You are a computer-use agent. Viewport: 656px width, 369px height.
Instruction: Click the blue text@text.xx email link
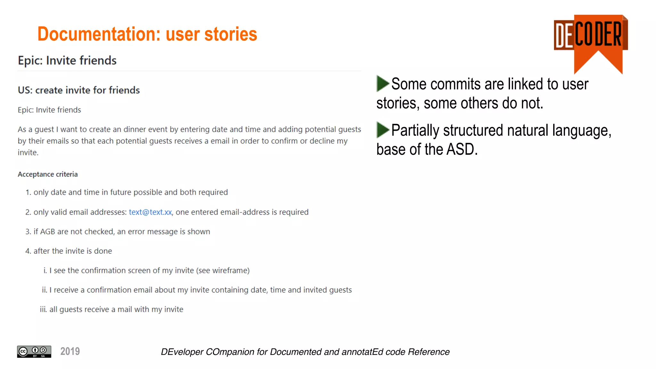coord(150,212)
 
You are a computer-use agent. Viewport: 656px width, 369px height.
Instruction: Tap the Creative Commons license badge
coord(34,351)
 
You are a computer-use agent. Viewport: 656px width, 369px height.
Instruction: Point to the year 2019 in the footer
coord(70,351)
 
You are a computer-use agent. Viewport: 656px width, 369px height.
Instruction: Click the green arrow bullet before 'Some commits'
coord(382,84)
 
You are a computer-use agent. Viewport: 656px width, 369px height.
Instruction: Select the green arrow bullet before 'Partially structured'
coord(382,130)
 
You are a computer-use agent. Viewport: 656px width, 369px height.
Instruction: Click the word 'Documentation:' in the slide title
coord(99,34)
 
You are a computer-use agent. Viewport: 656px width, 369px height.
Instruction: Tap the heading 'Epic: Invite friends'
coord(67,61)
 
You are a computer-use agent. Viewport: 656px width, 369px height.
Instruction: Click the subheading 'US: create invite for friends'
coord(79,90)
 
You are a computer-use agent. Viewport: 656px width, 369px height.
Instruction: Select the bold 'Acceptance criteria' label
coord(48,174)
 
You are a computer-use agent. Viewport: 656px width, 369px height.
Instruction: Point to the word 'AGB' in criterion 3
coord(47,232)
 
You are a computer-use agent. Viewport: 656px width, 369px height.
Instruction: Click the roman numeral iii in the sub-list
coord(43,309)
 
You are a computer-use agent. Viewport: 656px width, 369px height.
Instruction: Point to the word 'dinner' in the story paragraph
coord(145,129)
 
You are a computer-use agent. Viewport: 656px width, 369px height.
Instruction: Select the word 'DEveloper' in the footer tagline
coord(182,352)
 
